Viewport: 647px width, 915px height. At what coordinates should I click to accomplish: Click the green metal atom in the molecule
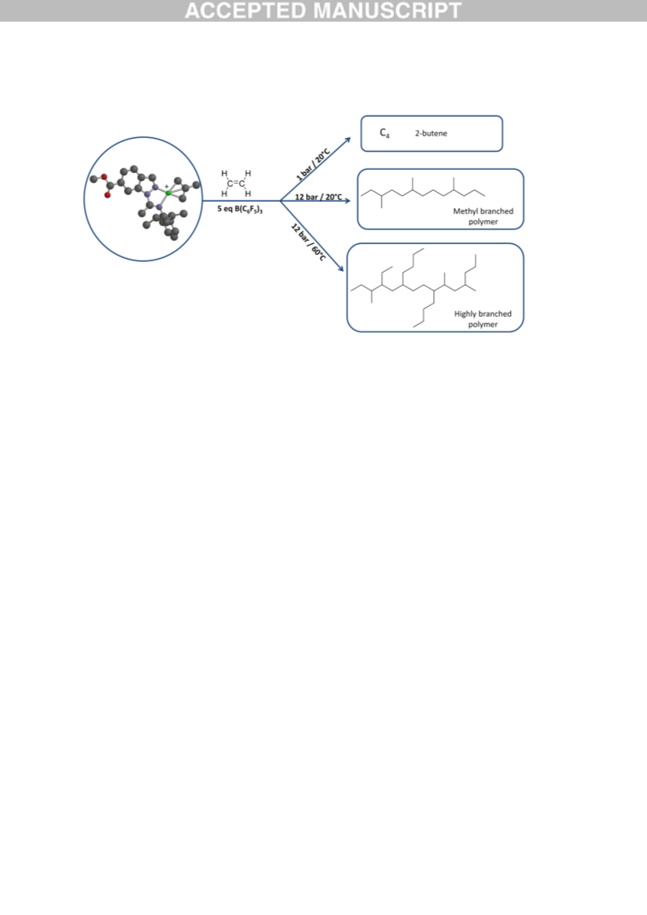(169, 193)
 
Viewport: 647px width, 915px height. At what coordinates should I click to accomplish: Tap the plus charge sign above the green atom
(167, 187)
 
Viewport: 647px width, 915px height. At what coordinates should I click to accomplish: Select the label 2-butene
(431, 134)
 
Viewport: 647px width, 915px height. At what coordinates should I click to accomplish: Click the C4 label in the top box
(384, 133)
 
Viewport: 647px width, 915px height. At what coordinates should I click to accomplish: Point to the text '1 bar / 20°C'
(313, 165)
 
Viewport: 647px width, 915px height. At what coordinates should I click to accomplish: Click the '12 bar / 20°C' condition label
(318, 197)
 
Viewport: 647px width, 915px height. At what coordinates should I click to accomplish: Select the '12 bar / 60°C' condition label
(308, 242)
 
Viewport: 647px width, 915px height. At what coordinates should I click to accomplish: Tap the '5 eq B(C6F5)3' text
(240, 209)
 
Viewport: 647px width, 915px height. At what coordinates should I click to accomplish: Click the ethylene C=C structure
(237, 183)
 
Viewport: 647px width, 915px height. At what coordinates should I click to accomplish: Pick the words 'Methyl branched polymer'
(483, 216)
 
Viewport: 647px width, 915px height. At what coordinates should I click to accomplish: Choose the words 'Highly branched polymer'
(482, 319)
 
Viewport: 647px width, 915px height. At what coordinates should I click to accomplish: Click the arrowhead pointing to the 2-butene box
(348, 140)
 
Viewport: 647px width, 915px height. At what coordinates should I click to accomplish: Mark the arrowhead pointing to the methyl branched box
(347, 201)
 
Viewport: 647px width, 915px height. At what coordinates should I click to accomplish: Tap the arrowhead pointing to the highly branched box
(341, 269)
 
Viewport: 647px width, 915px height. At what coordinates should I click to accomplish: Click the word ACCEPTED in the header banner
(246, 11)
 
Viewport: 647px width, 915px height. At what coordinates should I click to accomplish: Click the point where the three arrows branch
(281, 201)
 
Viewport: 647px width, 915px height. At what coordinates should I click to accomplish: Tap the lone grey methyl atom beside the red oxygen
(93, 179)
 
